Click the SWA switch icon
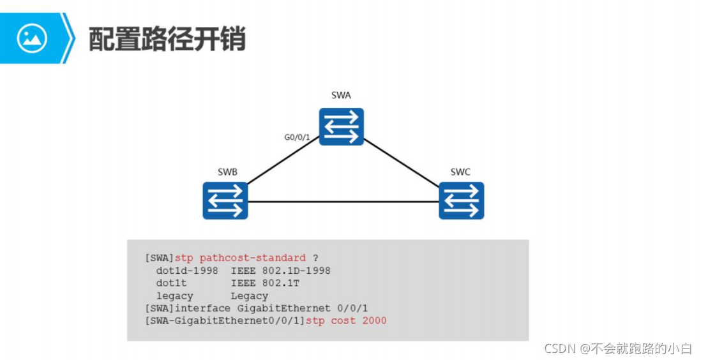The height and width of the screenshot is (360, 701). click(342, 126)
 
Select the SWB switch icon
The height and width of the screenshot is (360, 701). click(225, 200)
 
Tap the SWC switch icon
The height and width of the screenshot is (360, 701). click(462, 200)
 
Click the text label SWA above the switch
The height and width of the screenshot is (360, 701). click(341, 96)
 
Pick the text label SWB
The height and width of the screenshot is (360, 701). click(228, 172)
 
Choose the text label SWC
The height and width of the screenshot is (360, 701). click(460, 172)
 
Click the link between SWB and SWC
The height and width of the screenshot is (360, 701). click(343, 202)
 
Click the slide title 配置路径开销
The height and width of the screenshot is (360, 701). click(167, 39)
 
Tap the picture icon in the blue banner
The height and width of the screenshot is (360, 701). click(32, 38)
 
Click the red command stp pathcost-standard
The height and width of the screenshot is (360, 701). click(240, 258)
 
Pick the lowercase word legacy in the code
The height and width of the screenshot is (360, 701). click(174, 296)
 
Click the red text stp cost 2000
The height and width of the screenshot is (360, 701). click(346, 320)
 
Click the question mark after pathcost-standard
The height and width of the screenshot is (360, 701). click(315, 258)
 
